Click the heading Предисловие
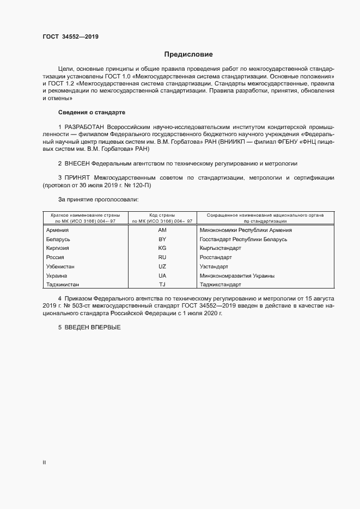(188, 54)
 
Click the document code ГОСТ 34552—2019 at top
(70, 37)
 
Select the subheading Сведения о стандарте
(91, 112)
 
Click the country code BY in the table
(162, 239)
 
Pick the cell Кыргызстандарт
(221, 248)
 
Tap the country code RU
(162, 257)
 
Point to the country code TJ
(162, 284)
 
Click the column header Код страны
(161, 216)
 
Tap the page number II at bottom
(44, 463)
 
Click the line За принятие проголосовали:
(91, 200)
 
